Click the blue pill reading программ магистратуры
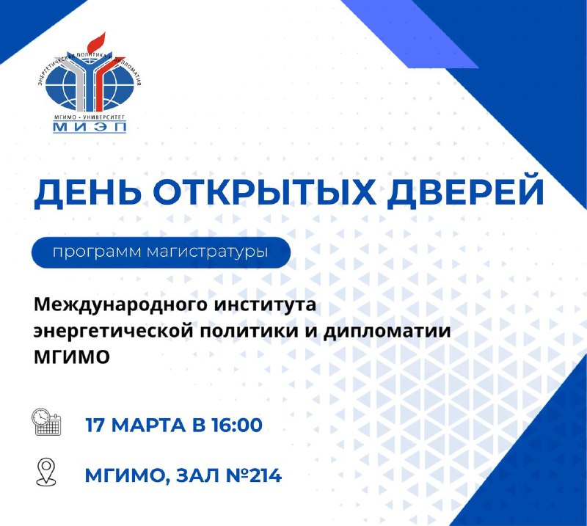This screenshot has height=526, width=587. (x=161, y=252)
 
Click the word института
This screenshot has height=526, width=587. (x=265, y=305)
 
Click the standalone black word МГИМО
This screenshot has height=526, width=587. (x=71, y=357)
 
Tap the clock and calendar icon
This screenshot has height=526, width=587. (x=46, y=423)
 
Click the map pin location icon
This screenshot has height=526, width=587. (x=46, y=472)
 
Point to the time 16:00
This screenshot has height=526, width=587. (x=236, y=425)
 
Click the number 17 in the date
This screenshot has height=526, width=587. (x=95, y=425)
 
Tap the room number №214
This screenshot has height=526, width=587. (x=254, y=476)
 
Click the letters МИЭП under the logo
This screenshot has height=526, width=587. (x=90, y=127)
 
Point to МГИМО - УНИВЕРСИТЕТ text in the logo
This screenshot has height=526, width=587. (x=89, y=117)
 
